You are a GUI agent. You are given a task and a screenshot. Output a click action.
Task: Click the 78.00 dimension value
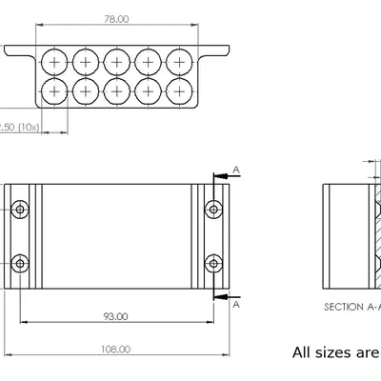[116, 19]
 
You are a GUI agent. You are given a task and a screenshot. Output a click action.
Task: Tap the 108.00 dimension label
[116, 350]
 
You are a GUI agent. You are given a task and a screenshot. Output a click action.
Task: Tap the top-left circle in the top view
[55, 62]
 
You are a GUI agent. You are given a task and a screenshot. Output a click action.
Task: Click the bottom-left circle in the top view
[55, 91]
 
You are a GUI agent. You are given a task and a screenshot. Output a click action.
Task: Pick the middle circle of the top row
[116, 62]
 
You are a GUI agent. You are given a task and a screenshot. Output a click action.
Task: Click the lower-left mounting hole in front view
[19, 262]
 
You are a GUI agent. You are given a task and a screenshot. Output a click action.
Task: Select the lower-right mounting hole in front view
[214, 262]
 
